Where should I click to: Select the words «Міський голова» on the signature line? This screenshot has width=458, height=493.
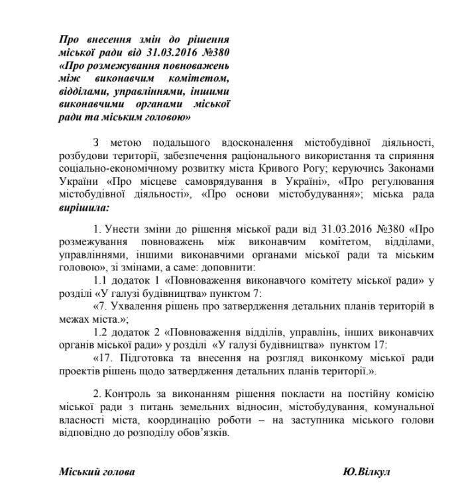[x=96, y=471]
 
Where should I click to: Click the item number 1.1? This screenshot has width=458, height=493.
[x=103, y=282]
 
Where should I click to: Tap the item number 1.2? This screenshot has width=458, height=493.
[x=103, y=332]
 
